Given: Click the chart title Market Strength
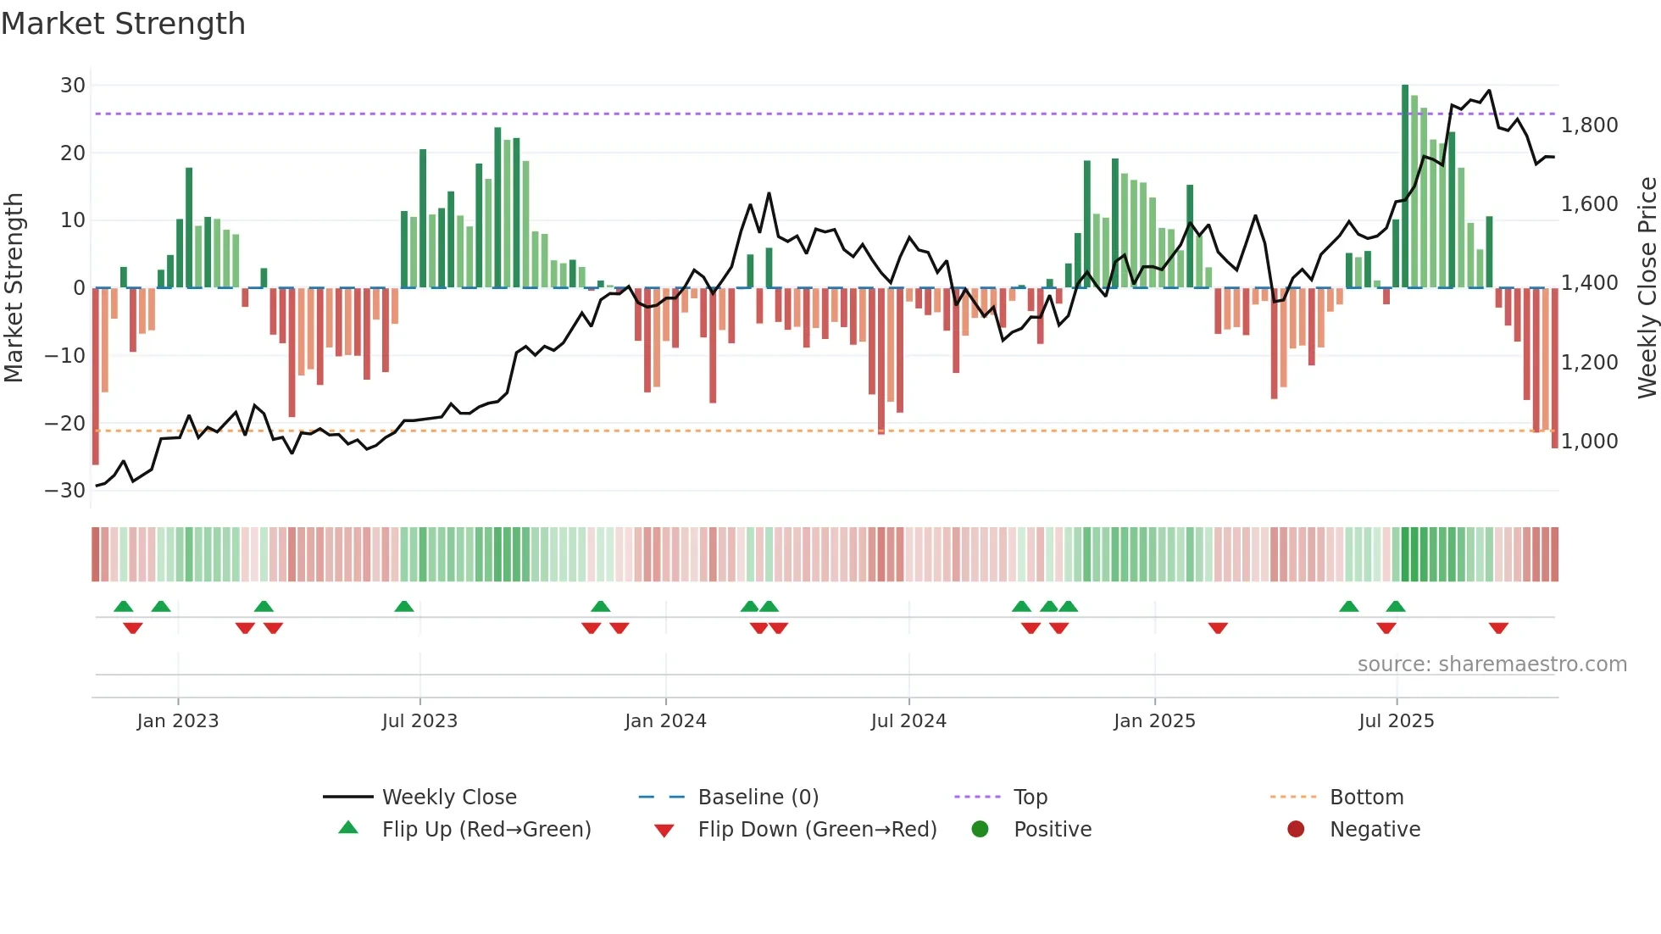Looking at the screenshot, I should (x=123, y=24).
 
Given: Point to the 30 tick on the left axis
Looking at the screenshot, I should (x=73, y=86).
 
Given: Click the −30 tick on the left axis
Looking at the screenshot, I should (x=65, y=491).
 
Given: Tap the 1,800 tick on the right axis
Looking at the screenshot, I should (x=1589, y=125).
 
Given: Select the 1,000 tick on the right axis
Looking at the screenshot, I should (x=1589, y=442).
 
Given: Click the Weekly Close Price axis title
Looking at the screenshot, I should (x=1647, y=288).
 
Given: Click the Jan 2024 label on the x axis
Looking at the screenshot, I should (x=665, y=721).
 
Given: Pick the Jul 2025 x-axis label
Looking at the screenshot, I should (x=1396, y=721).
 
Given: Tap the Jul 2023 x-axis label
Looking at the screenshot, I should (x=419, y=721).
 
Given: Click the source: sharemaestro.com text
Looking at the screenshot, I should (x=1492, y=664).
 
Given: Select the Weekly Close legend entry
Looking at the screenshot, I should (x=448, y=798).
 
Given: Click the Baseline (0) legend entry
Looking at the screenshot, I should (x=758, y=798).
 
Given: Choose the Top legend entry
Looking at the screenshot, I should (x=1030, y=798).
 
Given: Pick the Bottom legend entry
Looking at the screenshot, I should (x=1366, y=798).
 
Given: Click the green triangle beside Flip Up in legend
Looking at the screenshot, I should (x=348, y=828).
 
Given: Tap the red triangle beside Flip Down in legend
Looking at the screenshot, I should (x=664, y=831).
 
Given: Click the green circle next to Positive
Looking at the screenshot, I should (x=980, y=829).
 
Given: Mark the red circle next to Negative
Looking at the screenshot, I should (x=1296, y=829).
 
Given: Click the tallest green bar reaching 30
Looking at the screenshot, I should (x=1405, y=186).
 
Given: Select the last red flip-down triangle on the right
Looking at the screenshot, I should (x=1498, y=628).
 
